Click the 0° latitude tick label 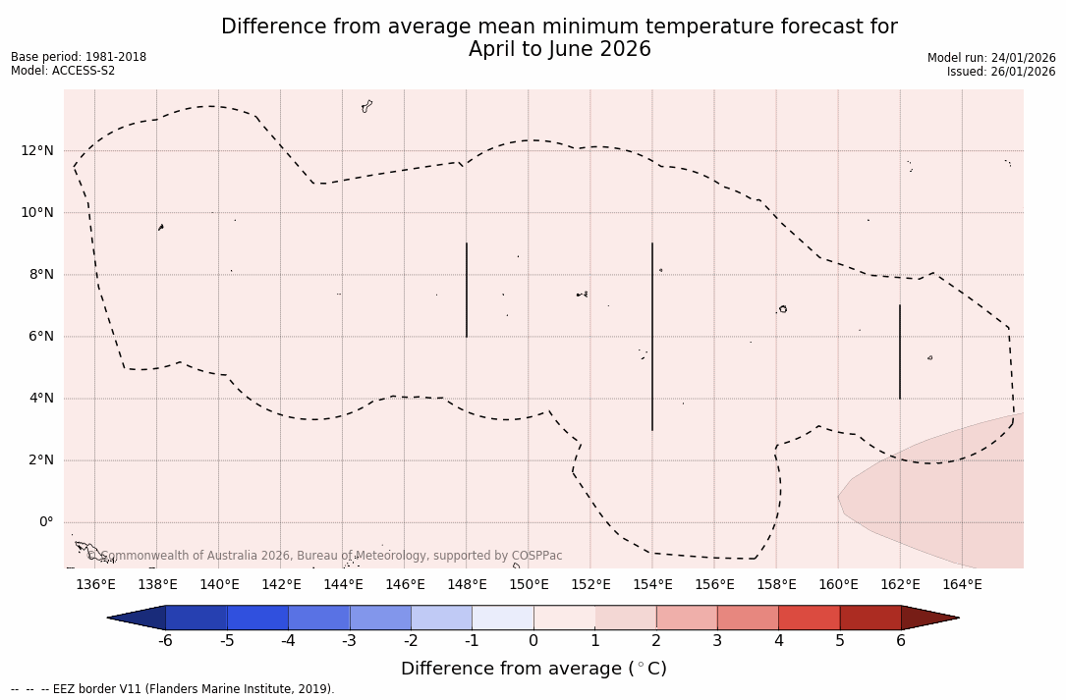(45, 521)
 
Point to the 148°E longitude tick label (467, 585)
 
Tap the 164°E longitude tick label (962, 585)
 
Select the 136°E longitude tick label (95, 585)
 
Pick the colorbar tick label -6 (165, 641)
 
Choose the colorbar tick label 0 (533, 641)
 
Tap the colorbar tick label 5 (840, 641)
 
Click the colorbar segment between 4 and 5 (809, 618)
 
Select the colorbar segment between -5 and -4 (257, 618)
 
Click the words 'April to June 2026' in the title (559, 49)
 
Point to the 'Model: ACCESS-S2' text (63, 71)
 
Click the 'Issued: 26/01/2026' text (1001, 72)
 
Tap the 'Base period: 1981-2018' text (79, 57)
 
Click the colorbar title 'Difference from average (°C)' (533, 669)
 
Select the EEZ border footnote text (172, 689)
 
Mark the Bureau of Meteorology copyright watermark (325, 556)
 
